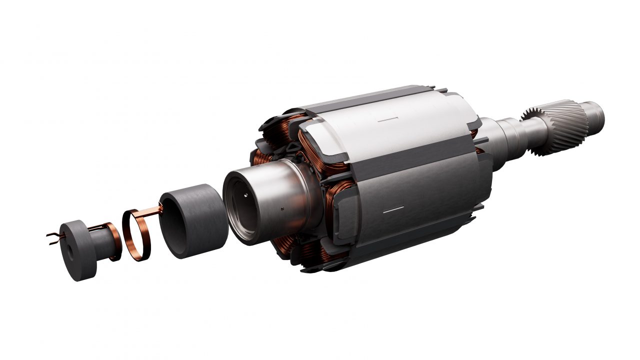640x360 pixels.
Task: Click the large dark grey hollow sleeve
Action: pos(194,220)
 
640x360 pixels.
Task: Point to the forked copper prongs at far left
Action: pos(52,235)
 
